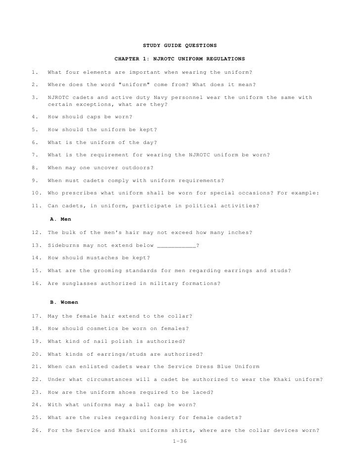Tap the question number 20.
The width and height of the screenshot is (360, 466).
(35, 354)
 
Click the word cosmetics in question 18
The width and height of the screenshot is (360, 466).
(107, 328)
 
